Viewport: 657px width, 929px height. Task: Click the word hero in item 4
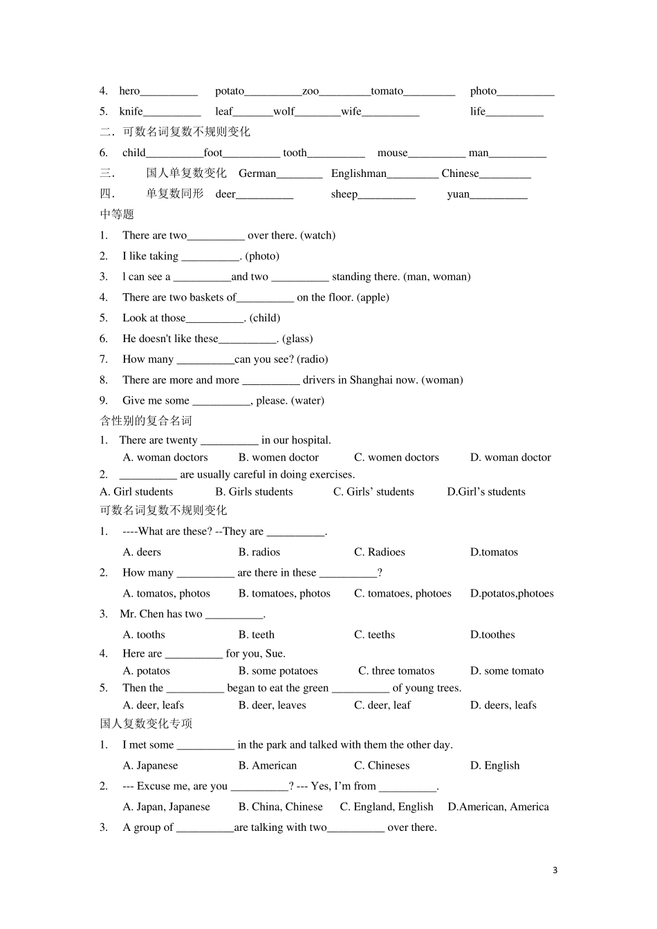[129, 91]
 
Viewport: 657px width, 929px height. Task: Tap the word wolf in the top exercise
[284, 112]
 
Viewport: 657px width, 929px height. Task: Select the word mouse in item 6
[392, 153]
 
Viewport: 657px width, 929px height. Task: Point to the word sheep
[344, 195]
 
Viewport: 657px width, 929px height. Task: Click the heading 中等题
[117, 215]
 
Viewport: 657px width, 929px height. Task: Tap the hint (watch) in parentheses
[318, 236]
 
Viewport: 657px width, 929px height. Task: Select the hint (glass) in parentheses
[297, 339]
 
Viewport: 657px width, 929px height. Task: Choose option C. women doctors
[396, 458]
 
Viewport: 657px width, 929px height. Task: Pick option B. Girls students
[254, 492]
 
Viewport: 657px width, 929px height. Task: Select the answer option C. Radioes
[380, 552]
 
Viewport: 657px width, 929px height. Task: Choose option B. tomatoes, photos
[284, 594]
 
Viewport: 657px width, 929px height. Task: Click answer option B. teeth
[257, 635]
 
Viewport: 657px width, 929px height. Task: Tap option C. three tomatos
[396, 671]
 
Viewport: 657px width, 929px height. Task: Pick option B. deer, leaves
[272, 706]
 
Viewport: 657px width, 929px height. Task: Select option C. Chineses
[382, 766]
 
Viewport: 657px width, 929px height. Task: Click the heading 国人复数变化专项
[146, 724]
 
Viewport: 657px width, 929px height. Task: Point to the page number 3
[555, 870]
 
